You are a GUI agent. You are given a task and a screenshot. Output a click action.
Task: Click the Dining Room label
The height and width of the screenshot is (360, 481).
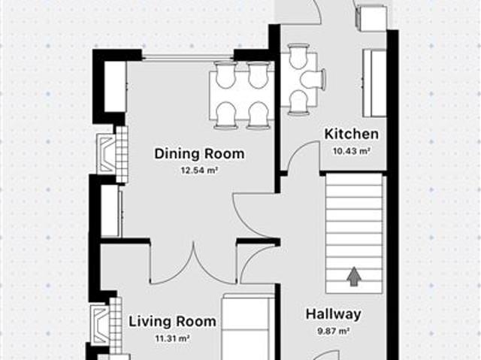pos(199,153)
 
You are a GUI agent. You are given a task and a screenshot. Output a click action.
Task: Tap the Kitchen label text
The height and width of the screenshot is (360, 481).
pos(352,134)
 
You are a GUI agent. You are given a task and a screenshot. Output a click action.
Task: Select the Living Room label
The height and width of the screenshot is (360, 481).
pos(172,322)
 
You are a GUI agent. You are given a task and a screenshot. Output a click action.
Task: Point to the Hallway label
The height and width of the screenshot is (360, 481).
pos(334,314)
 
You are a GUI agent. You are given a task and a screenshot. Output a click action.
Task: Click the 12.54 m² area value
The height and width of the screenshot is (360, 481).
pos(199,171)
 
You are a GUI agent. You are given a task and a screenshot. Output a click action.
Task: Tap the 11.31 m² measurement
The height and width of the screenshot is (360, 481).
pos(172,338)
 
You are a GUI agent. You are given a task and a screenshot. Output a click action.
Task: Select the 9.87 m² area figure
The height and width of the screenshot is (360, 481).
pos(334,331)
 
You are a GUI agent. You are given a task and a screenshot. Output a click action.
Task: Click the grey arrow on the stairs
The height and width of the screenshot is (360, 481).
pos(354,277)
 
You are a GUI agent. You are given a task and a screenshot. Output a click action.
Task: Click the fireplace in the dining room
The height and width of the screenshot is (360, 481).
pos(112,155)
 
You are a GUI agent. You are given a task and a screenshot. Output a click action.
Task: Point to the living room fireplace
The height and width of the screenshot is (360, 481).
pos(107,325)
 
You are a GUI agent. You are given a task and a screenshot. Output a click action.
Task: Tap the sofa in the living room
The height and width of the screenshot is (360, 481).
pos(247,327)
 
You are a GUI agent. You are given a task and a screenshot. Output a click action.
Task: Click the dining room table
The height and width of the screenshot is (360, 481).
pos(242,95)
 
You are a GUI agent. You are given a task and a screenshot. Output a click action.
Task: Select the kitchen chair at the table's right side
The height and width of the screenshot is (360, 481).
pos(313,80)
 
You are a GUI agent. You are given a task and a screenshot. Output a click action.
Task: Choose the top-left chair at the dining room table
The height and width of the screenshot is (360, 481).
pos(225,74)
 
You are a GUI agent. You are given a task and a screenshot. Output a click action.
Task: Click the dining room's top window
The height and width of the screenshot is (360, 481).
pos(188,56)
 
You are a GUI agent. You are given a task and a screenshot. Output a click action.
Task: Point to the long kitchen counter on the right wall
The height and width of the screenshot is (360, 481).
pos(374,83)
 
